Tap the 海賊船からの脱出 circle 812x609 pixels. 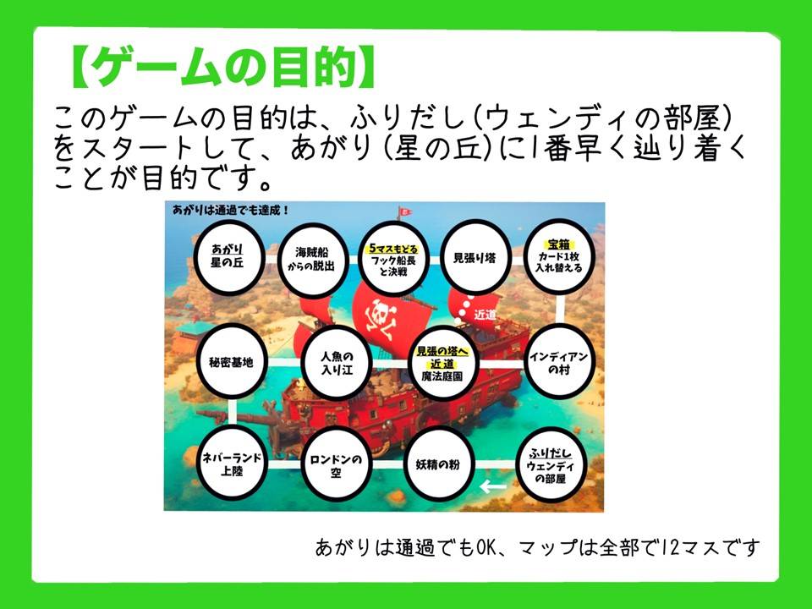(x=312, y=260)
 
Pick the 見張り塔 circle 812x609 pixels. (x=475, y=257)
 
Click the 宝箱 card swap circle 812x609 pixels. (x=559, y=257)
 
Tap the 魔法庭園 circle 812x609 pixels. (x=442, y=363)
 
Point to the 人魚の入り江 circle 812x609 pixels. (x=337, y=363)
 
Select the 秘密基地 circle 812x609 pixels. (x=232, y=362)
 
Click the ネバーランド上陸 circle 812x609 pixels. (x=232, y=464)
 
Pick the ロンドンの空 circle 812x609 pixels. (x=336, y=464)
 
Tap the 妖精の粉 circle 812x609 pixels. (x=439, y=464)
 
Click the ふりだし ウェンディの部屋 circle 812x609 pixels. (x=551, y=464)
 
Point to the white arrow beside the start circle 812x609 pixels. (x=493, y=487)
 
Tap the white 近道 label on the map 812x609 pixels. (x=486, y=315)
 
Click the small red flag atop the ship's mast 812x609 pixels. (x=405, y=211)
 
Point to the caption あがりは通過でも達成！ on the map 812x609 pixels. (x=231, y=211)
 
